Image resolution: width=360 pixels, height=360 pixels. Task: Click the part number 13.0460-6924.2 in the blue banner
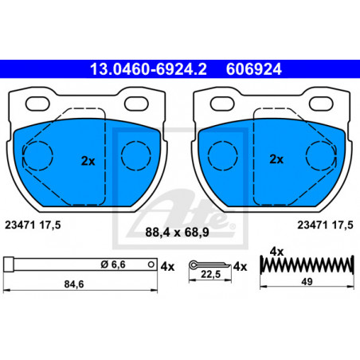(148, 69)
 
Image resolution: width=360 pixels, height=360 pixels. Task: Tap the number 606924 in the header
(253, 69)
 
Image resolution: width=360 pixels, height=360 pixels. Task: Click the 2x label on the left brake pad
(88, 161)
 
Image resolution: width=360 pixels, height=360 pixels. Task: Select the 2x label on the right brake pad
(276, 159)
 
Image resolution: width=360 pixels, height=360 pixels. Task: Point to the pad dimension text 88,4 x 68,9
(177, 233)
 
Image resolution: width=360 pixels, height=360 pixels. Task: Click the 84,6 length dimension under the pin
(74, 284)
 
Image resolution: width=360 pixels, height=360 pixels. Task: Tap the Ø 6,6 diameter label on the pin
(113, 264)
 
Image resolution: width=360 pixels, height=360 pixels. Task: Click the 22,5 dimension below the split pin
(210, 274)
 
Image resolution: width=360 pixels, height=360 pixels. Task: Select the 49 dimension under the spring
(307, 282)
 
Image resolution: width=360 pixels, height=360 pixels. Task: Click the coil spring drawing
(307, 264)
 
